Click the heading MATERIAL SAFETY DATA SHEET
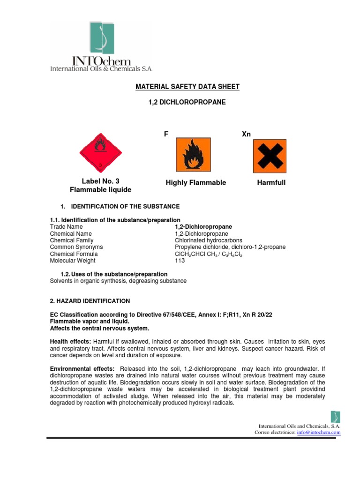187,87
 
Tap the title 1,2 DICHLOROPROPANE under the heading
187,102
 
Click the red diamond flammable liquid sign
99,151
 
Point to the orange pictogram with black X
270,156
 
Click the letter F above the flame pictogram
166,134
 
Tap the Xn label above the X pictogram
246,134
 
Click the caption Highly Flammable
195,183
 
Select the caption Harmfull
271,183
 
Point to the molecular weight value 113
180,261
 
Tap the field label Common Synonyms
76,247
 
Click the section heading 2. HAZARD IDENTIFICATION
90,301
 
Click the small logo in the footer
335,417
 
